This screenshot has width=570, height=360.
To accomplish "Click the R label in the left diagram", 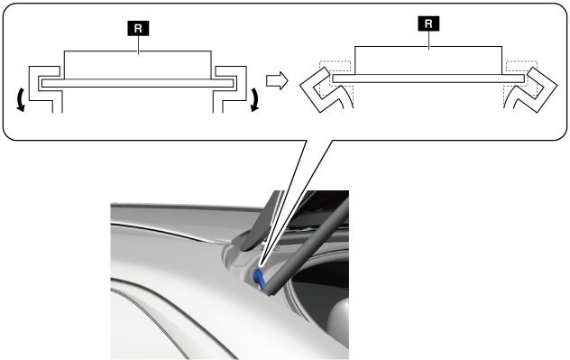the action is pos(138,28).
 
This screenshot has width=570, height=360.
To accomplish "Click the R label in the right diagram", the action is pos(428,23).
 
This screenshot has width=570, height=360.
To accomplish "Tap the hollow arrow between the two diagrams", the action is pos(277,80).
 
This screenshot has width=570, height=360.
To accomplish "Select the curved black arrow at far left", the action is pos(21,99).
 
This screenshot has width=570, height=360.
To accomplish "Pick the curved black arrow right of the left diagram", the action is pos(255,99).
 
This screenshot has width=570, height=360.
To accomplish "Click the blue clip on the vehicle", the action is pos(259,278).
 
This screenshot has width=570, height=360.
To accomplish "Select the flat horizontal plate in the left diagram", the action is pos(137,83).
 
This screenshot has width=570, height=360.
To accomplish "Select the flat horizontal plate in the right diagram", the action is pos(428,78).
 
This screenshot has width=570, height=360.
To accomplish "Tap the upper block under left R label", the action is pos(137,65).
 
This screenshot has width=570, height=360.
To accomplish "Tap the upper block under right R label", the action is pos(428,60).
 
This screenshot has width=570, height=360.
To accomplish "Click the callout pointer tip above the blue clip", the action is pos(261,267).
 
